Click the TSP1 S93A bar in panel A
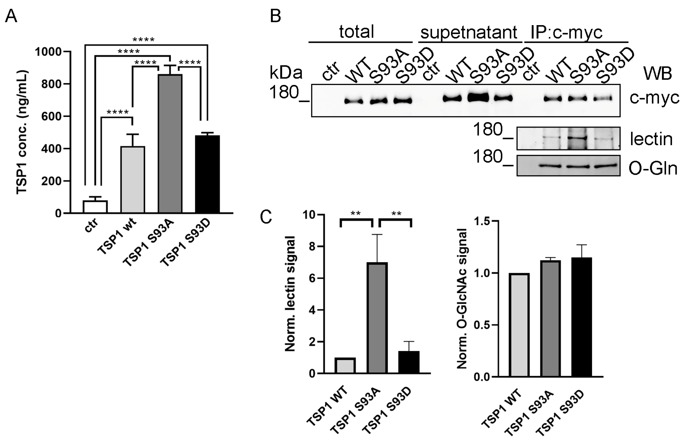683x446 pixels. click(170, 143)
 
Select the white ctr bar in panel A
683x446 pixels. click(95, 207)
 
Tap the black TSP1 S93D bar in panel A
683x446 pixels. click(207, 174)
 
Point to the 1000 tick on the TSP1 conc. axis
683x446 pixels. click(48, 52)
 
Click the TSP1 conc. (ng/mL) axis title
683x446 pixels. click(22, 132)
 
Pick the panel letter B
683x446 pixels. click(275, 16)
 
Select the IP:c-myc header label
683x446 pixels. click(566, 32)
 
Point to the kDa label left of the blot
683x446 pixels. click(286, 73)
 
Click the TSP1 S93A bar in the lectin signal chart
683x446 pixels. click(377, 318)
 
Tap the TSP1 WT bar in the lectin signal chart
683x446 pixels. click(345, 365)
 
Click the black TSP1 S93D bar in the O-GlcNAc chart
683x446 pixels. click(581, 317)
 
